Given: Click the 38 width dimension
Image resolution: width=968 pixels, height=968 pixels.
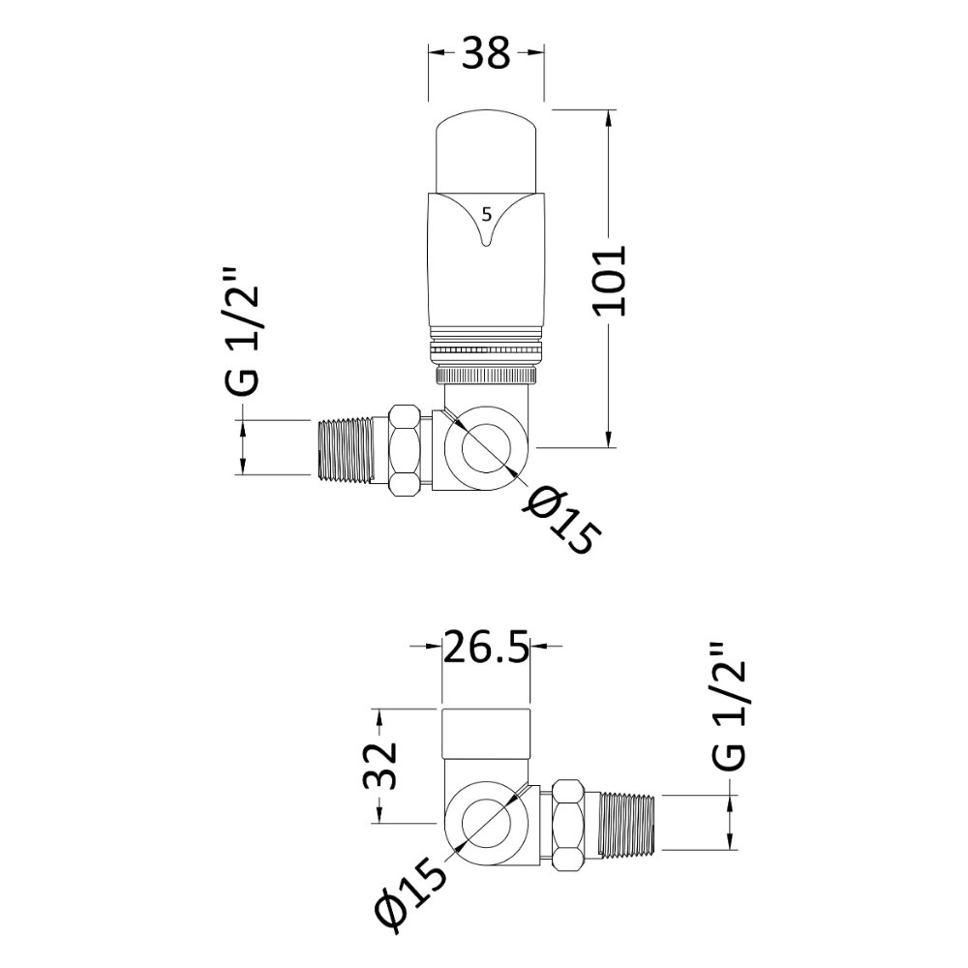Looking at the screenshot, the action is (487, 52).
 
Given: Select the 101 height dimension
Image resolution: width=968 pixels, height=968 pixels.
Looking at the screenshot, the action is (611, 281).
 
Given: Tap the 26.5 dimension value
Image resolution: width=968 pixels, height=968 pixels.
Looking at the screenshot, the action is (487, 647).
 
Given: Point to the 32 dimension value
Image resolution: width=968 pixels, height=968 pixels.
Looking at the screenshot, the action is (379, 766).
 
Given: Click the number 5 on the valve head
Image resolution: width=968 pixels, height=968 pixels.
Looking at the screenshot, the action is (487, 215).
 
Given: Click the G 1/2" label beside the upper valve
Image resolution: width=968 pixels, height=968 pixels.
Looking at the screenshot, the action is (241, 330).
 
